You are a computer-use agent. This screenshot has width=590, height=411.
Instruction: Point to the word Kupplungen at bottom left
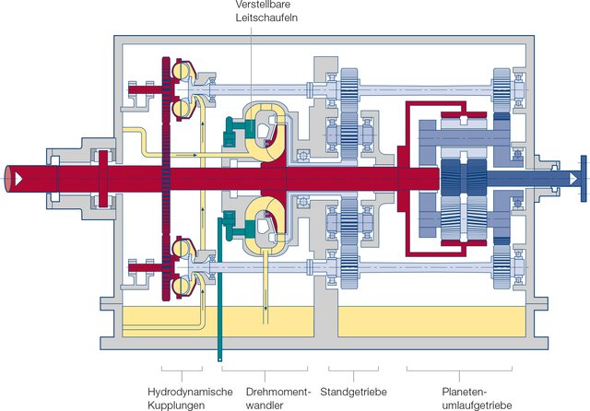176,404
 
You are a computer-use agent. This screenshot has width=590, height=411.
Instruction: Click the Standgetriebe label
353,391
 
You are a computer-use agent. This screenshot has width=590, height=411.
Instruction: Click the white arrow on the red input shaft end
16,176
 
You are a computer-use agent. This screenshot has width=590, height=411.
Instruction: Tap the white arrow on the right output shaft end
572,176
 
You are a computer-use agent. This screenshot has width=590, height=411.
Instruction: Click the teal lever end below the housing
220,355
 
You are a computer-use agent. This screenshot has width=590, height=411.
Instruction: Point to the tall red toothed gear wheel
166,176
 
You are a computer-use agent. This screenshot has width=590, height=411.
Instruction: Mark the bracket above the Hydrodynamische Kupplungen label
180,373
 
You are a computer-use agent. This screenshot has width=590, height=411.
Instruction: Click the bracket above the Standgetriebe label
350,373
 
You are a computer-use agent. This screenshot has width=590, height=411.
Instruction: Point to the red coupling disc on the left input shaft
103,175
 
